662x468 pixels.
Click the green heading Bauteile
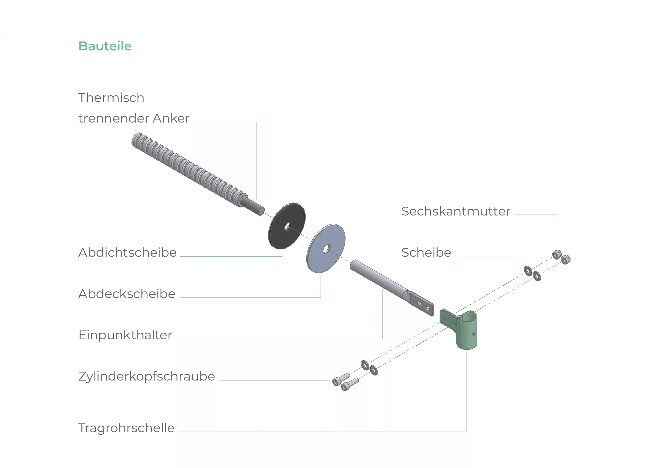(x=105, y=46)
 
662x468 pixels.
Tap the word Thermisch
(x=111, y=98)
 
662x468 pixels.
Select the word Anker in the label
(x=171, y=118)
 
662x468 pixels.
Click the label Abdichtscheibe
(x=127, y=253)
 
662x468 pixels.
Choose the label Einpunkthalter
(x=125, y=335)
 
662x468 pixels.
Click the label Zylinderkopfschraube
(x=146, y=376)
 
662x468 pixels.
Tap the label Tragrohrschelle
(x=126, y=428)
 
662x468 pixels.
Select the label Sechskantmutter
(x=456, y=212)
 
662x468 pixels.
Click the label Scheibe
(x=426, y=253)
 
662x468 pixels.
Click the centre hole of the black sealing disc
(x=287, y=227)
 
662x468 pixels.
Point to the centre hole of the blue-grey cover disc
(x=326, y=249)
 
